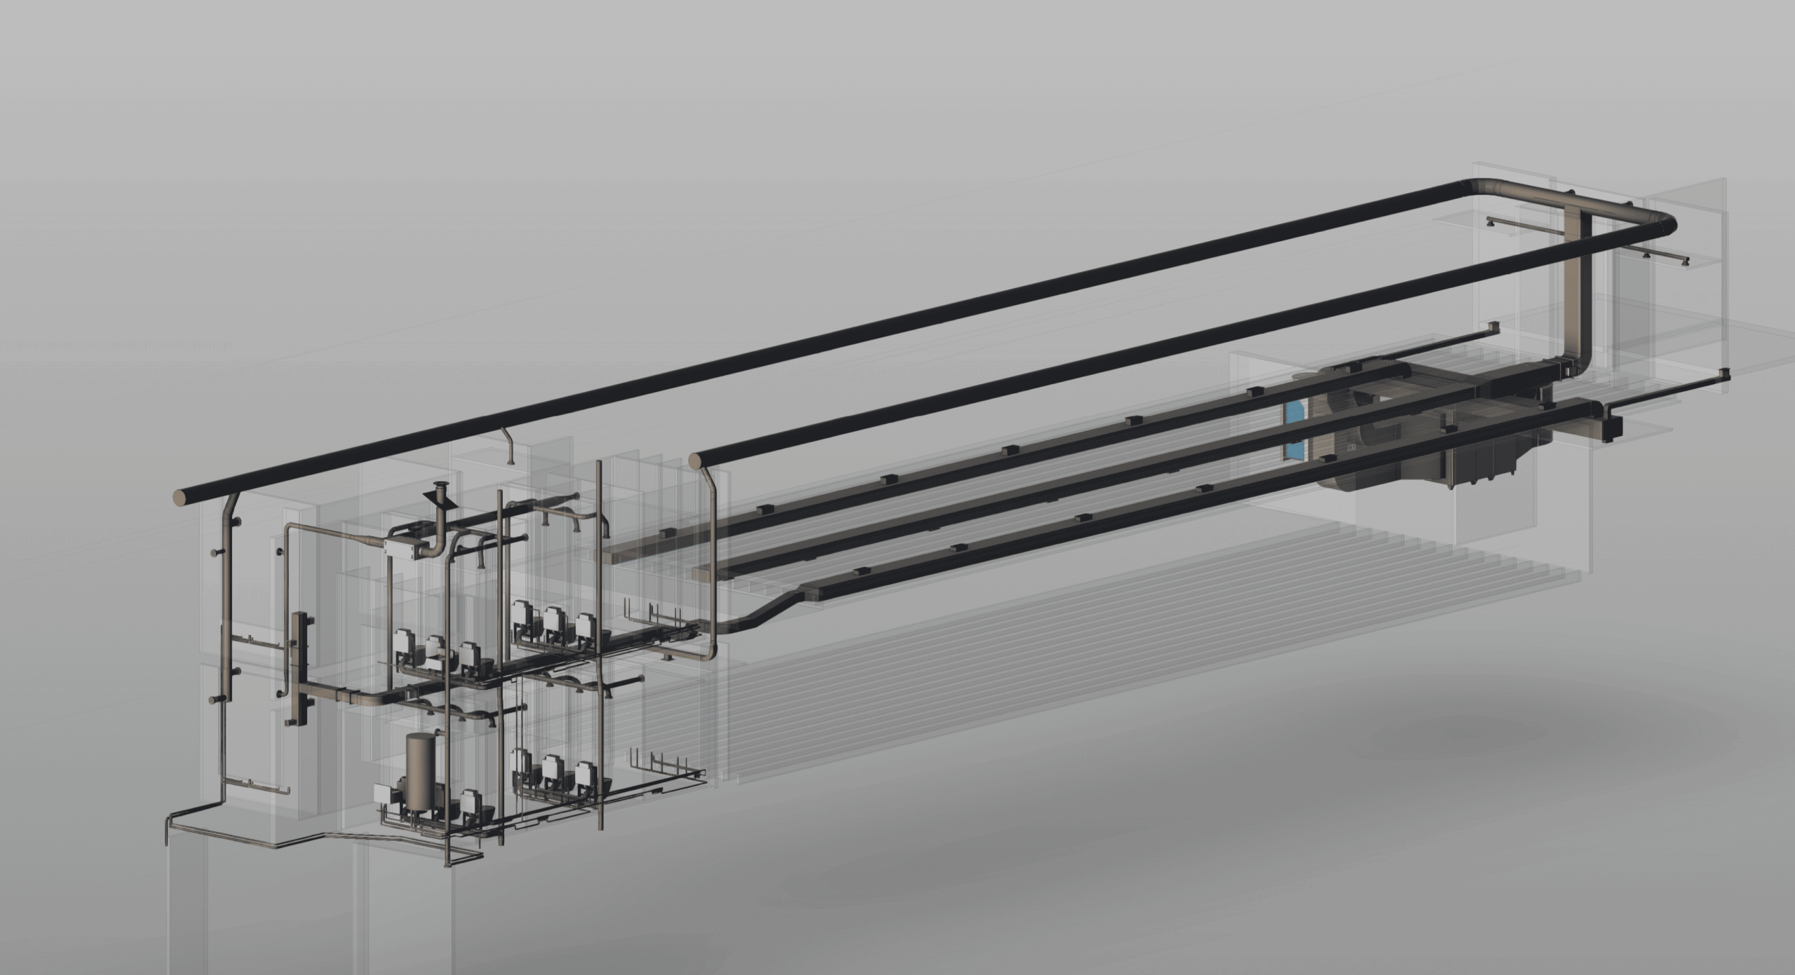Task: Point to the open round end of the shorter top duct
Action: click(x=695, y=461)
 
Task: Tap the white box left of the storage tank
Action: click(x=384, y=793)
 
